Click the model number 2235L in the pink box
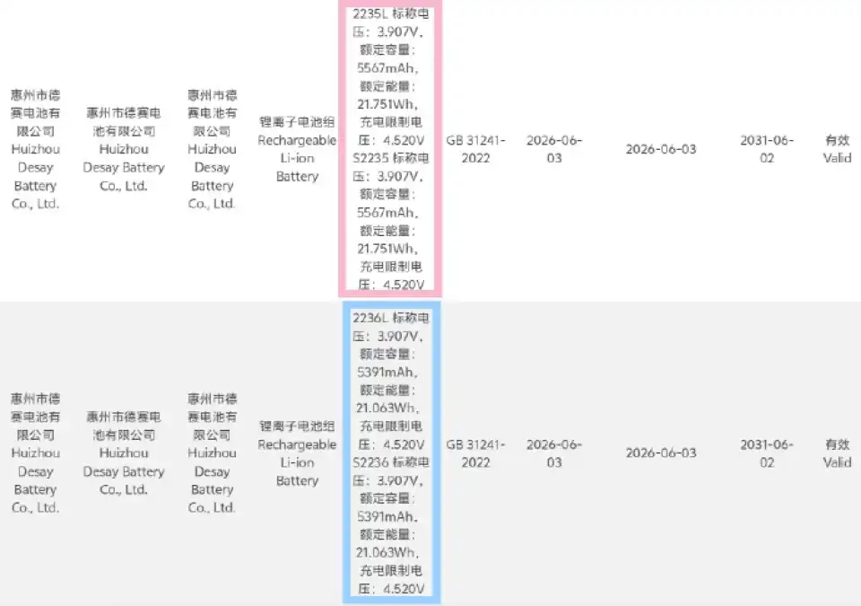coord(370,13)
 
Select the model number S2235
coord(370,158)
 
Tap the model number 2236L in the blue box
coord(370,318)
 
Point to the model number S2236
coord(370,462)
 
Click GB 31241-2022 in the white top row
coord(475,149)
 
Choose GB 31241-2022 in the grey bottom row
coord(475,453)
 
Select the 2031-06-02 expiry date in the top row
coord(767,149)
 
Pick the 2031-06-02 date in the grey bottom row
coord(767,453)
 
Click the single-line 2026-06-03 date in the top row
coord(661,149)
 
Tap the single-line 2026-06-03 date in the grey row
coord(661,453)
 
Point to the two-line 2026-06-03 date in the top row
coord(554,149)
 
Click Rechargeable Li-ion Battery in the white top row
coord(297,158)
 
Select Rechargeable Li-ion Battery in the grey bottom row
coord(297,462)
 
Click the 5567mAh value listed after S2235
coord(387,213)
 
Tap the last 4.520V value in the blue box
coord(404,589)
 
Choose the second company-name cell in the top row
coord(124,149)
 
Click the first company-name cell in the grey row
coord(36,453)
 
